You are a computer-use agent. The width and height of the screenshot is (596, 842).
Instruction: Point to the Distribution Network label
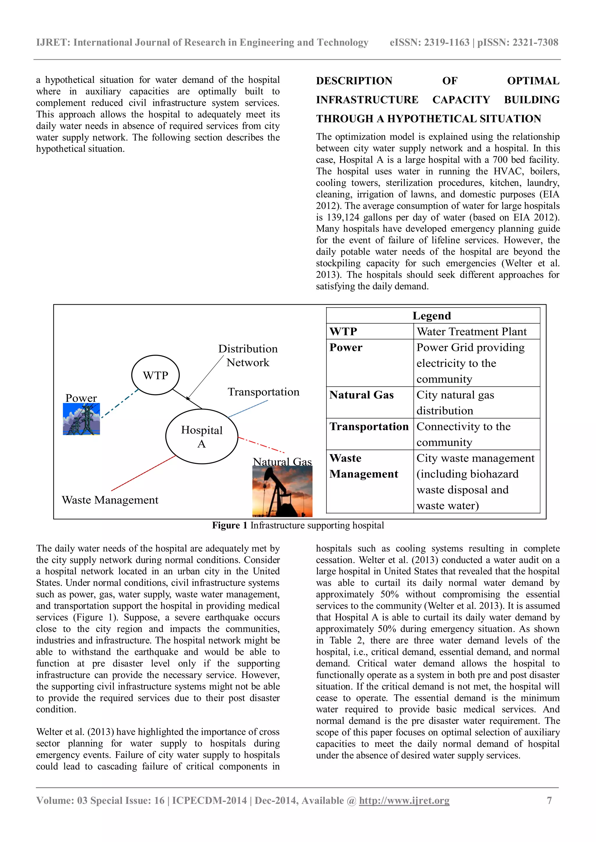[248, 355]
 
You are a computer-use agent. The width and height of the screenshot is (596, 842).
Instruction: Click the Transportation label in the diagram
[263, 392]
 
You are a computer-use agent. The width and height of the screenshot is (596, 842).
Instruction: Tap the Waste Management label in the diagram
[110, 500]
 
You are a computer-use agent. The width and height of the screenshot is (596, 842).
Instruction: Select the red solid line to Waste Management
[143, 473]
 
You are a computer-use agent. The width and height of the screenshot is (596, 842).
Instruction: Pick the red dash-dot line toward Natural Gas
[261, 445]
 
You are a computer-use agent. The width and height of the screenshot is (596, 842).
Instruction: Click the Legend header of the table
[432, 316]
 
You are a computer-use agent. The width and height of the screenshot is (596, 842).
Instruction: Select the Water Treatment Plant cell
[471, 331]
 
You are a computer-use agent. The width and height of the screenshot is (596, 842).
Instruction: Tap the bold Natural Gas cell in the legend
[361, 395]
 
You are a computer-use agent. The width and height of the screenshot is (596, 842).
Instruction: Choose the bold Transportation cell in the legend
[369, 427]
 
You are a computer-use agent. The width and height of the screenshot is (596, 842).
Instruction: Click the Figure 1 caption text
[298, 525]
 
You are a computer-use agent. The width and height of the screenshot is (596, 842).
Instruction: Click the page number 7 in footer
[549, 800]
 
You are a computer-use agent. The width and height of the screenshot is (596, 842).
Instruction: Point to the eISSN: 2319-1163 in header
[429, 42]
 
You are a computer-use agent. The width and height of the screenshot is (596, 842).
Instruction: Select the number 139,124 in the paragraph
[343, 217]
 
